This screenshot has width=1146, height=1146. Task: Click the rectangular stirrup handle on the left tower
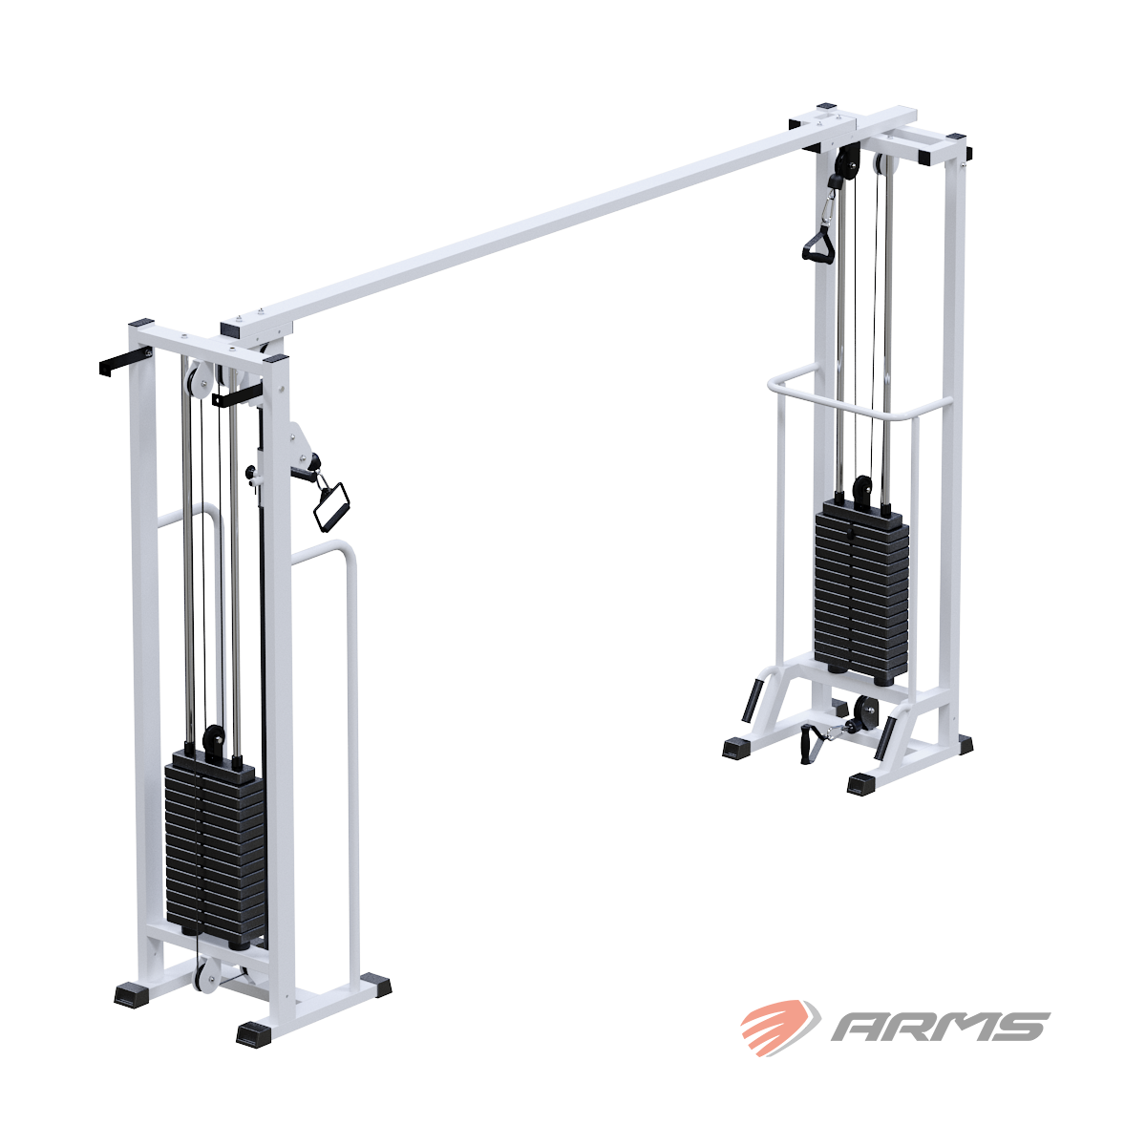331,504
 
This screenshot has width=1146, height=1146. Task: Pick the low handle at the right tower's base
811,743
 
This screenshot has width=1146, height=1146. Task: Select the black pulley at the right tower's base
867,711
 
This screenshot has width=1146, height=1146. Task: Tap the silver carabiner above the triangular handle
828,203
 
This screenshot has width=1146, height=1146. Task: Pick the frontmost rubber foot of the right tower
862,784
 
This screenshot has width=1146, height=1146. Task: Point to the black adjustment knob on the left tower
252,473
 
